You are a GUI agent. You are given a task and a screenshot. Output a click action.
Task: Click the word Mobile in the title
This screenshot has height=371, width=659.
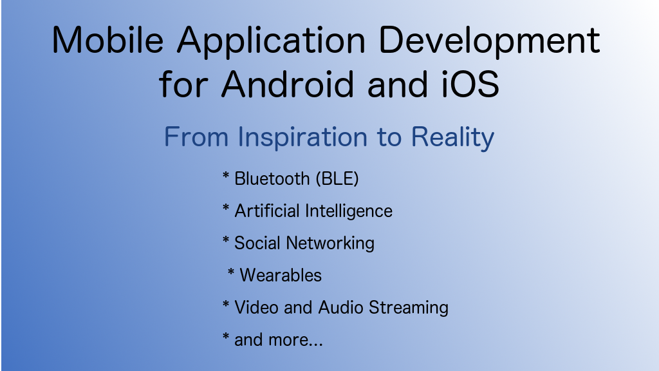[107, 40]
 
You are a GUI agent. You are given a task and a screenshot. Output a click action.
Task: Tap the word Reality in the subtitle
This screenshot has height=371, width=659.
[452, 138]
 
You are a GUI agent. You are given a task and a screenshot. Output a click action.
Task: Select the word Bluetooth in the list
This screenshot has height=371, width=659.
[272, 179]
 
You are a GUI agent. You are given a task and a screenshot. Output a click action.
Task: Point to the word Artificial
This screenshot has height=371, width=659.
[267, 211]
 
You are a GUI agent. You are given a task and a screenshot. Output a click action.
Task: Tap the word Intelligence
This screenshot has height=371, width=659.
[349, 211]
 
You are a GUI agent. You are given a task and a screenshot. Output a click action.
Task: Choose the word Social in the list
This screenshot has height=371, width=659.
[257, 243]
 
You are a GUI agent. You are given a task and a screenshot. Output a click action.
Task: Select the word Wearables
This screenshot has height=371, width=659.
[281, 276]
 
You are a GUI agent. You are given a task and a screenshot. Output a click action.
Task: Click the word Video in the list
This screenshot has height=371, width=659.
[256, 307]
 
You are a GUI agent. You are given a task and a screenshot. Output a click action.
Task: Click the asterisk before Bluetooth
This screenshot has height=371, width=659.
[226, 175]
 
